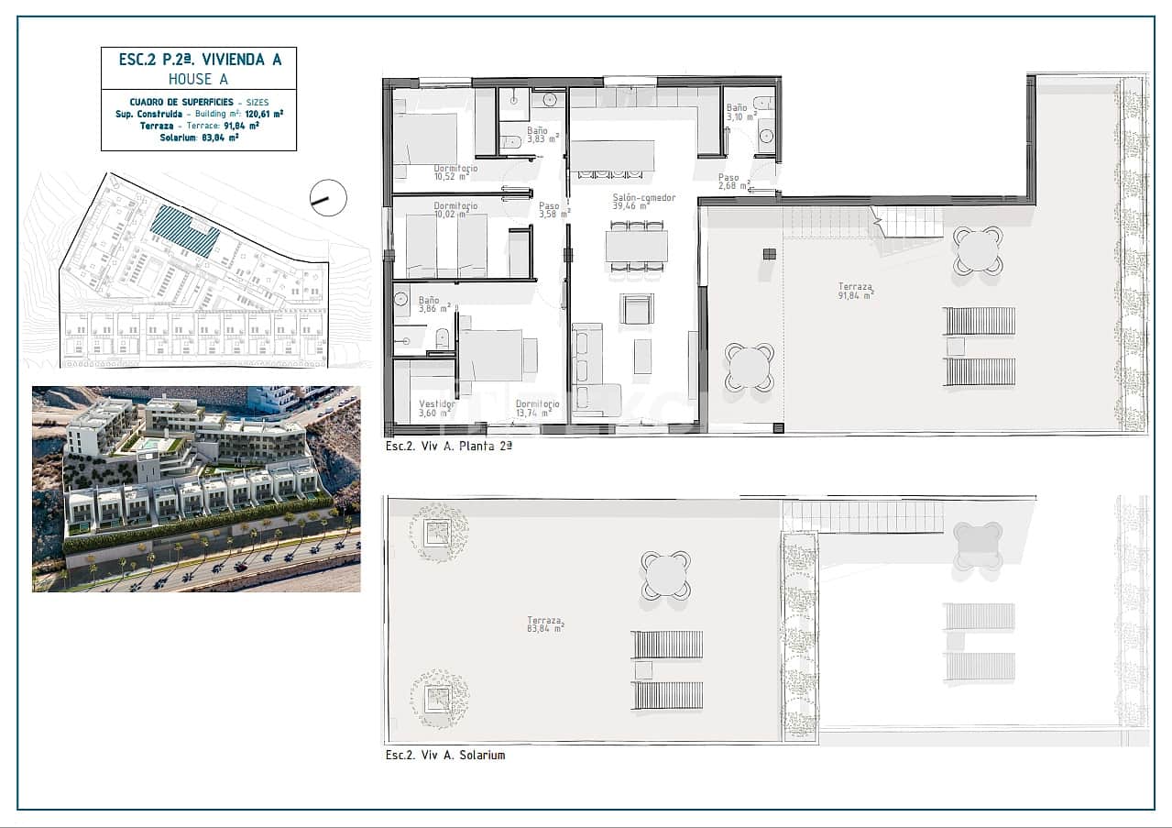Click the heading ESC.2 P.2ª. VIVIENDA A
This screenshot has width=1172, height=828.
(x=199, y=61)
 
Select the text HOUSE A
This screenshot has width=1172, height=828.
(x=199, y=79)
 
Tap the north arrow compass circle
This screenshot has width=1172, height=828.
(x=328, y=197)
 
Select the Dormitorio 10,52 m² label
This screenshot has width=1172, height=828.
(x=455, y=174)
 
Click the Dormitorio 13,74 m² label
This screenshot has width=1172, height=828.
(x=537, y=409)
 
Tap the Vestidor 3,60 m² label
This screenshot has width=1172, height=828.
(x=437, y=409)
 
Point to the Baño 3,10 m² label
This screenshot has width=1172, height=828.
(x=741, y=113)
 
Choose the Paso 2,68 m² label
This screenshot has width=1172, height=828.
(x=734, y=182)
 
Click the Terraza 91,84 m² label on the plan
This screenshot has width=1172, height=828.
(x=856, y=291)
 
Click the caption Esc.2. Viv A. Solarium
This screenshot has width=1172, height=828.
(x=445, y=756)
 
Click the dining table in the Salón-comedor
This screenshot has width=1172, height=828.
(x=636, y=246)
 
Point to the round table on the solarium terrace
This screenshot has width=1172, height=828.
(x=665, y=575)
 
